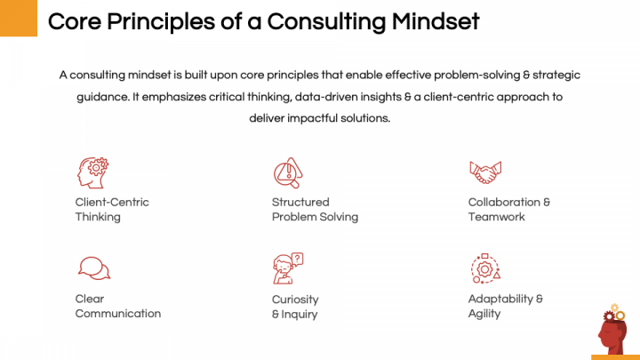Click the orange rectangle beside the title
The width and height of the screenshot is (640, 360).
pyautogui.click(x=18, y=18)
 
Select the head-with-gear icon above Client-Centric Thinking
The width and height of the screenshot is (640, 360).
pyautogui.click(x=92, y=171)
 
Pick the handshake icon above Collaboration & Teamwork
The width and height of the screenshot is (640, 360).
pyautogui.click(x=485, y=171)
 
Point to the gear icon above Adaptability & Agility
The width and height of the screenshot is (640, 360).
pyautogui.click(x=484, y=268)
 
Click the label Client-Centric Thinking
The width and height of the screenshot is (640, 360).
pyautogui.click(x=111, y=209)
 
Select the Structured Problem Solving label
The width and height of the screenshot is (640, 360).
pyautogui.click(x=315, y=209)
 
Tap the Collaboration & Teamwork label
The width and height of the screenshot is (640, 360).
pyautogui.click(x=508, y=209)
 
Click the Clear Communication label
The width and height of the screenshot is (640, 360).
pyautogui.click(x=117, y=306)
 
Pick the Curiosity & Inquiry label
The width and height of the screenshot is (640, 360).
pyautogui.click(x=295, y=307)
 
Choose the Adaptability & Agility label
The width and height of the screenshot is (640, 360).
pyautogui.click(x=505, y=306)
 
